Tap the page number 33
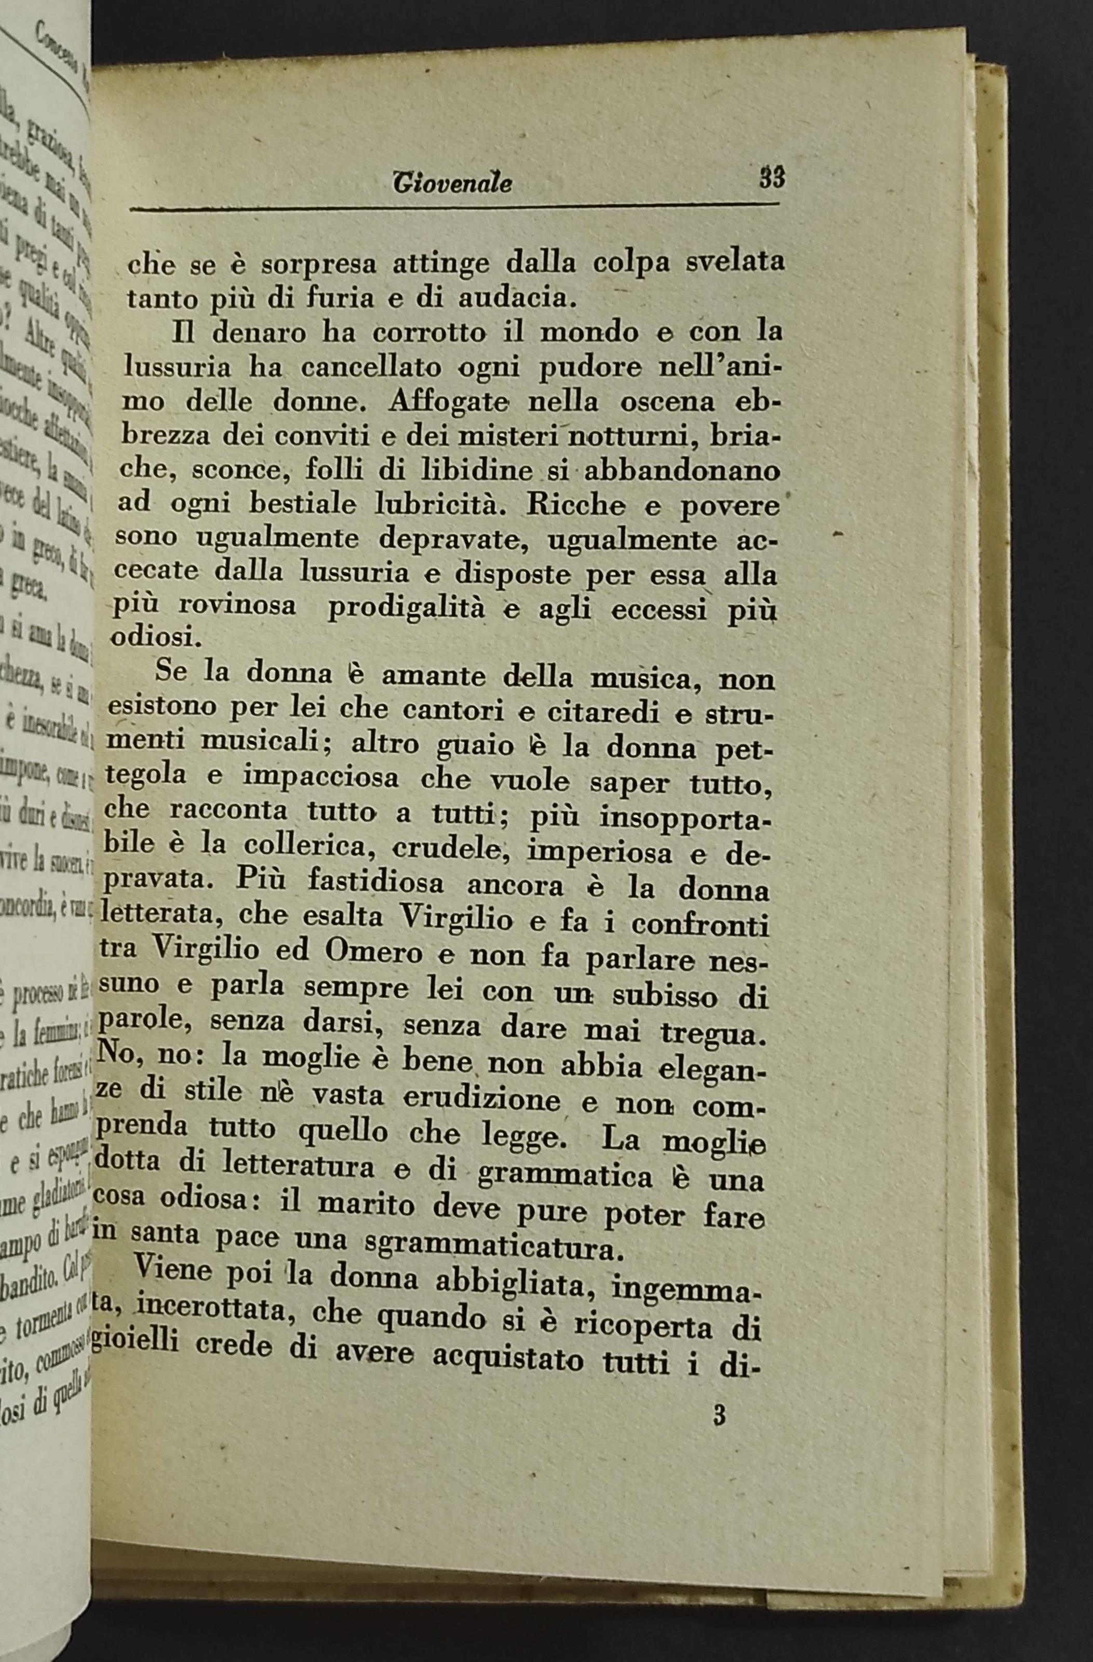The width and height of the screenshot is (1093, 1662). tap(773, 178)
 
